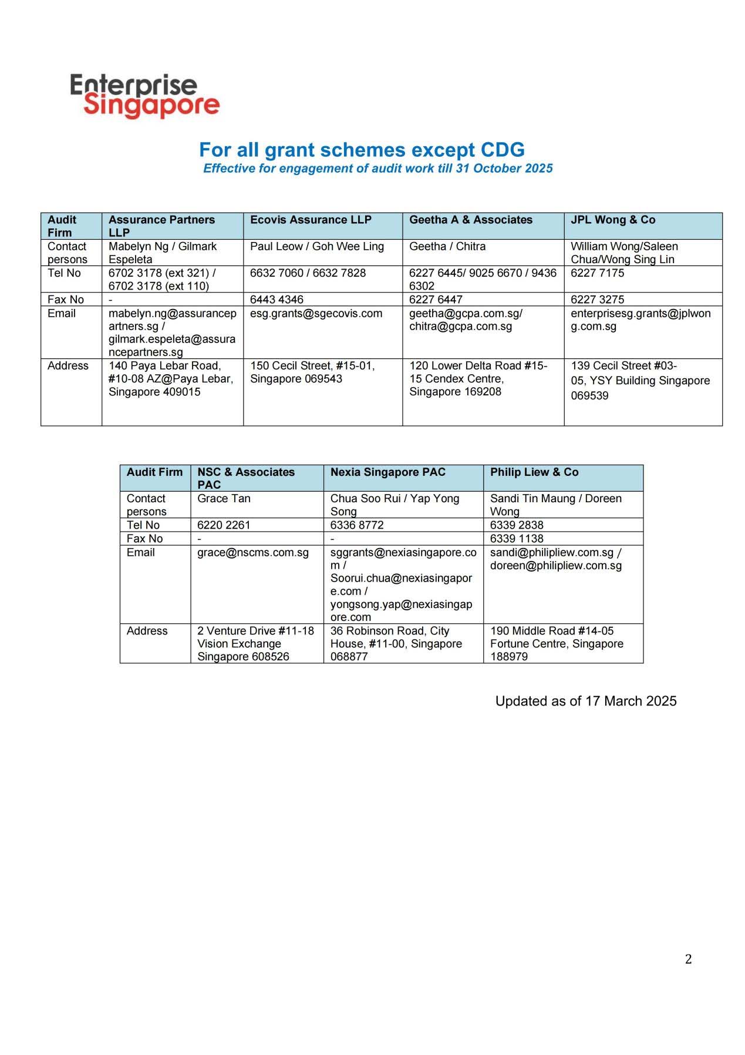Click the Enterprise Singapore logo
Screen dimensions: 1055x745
pyautogui.click(x=144, y=96)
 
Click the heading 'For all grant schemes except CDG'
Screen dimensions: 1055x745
pyautogui.click(x=362, y=150)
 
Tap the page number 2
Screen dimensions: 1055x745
pyautogui.click(x=688, y=959)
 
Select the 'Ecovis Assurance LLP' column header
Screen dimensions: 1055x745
pyautogui.click(x=311, y=220)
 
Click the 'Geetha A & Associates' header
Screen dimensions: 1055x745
pyautogui.click(x=470, y=220)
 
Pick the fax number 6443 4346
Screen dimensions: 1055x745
pyautogui.click(x=277, y=300)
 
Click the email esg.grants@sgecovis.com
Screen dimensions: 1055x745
pyautogui.click(x=316, y=313)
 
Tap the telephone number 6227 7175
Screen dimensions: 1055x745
pyautogui.click(x=597, y=273)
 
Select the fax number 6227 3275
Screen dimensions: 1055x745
pyautogui.click(x=597, y=300)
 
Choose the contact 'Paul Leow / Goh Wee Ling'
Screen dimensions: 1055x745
pyautogui.click(x=316, y=246)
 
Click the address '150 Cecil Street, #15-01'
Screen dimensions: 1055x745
pyautogui.click(x=312, y=365)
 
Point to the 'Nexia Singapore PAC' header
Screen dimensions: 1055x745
pyautogui.click(x=387, y=472)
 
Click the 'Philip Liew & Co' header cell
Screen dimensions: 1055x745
pyautogui.click(x=534, y=472)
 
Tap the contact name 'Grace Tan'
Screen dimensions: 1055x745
pyautogui.click(x=224, y=499)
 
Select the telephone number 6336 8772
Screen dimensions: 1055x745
pyautogui.click(x=356, y=525)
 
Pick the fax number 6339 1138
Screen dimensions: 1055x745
pyautogui.click(x=517, y=539)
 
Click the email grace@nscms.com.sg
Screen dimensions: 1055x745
pyautogui.click(x=252, y=553)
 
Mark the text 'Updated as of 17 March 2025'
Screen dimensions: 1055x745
pyautogui.click(x=585, y=701)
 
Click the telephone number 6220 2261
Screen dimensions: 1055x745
pyautogui.click(x=223, y=525)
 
